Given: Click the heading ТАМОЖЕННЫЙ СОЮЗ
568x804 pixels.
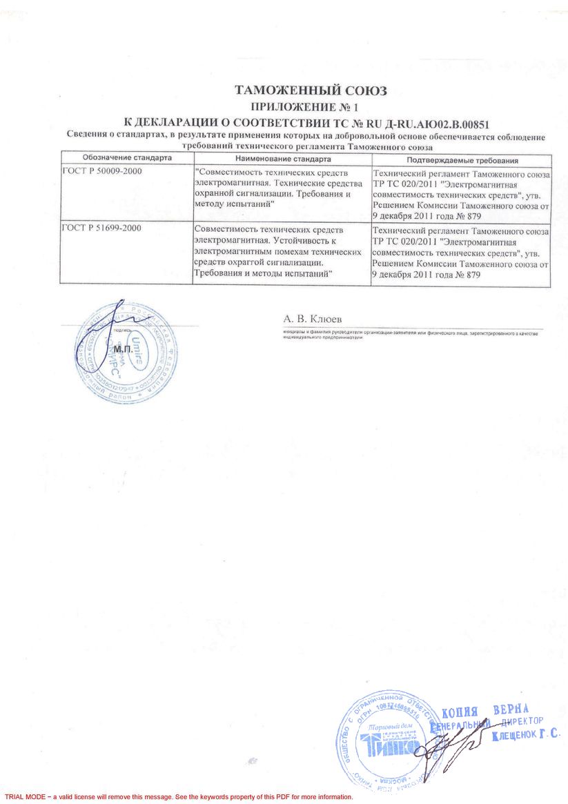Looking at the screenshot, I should coord(311,91).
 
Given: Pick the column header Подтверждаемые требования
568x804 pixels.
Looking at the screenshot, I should coord(460,159).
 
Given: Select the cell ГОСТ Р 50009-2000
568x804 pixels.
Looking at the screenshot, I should coord(102,171).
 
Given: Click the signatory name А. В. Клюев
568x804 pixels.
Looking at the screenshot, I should coord(312,320).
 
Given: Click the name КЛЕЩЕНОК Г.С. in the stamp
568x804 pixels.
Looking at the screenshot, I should coord(525,736).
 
